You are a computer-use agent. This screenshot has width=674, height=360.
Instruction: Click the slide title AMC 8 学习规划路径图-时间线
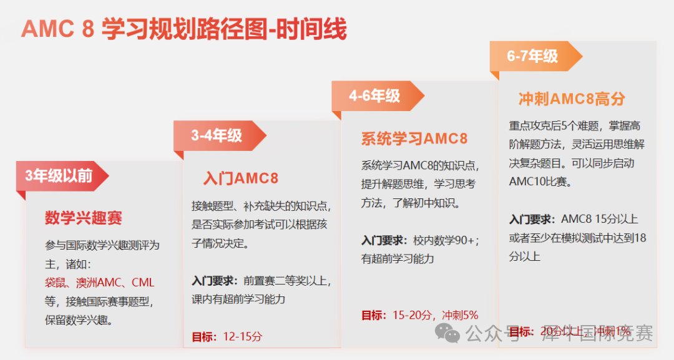click(183, 29)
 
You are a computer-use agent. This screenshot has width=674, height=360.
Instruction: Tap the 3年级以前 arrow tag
click(60, 176)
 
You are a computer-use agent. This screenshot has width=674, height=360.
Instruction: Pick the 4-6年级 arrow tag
click(374, 96)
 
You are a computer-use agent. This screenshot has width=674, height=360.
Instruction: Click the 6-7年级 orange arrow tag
click(532, 56)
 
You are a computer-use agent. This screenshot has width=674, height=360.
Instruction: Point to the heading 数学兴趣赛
click(84, 218)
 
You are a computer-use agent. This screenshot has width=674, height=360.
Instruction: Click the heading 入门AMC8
click(241, 178)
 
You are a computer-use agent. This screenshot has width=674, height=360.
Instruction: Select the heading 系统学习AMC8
click(414, 139)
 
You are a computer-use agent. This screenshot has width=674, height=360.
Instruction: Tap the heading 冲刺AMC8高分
click(572, 99)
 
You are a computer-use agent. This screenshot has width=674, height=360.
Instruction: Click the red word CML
click(142, 283)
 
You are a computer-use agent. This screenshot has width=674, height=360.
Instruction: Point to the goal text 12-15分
click(242, 336)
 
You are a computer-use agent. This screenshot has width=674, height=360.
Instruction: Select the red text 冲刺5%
click(460, 315)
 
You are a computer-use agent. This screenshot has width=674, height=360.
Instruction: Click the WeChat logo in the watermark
click(447, 334)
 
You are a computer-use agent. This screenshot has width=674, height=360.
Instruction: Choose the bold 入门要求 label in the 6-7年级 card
click(531, 219)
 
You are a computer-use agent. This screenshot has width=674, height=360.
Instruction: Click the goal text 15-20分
click(412, 315)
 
